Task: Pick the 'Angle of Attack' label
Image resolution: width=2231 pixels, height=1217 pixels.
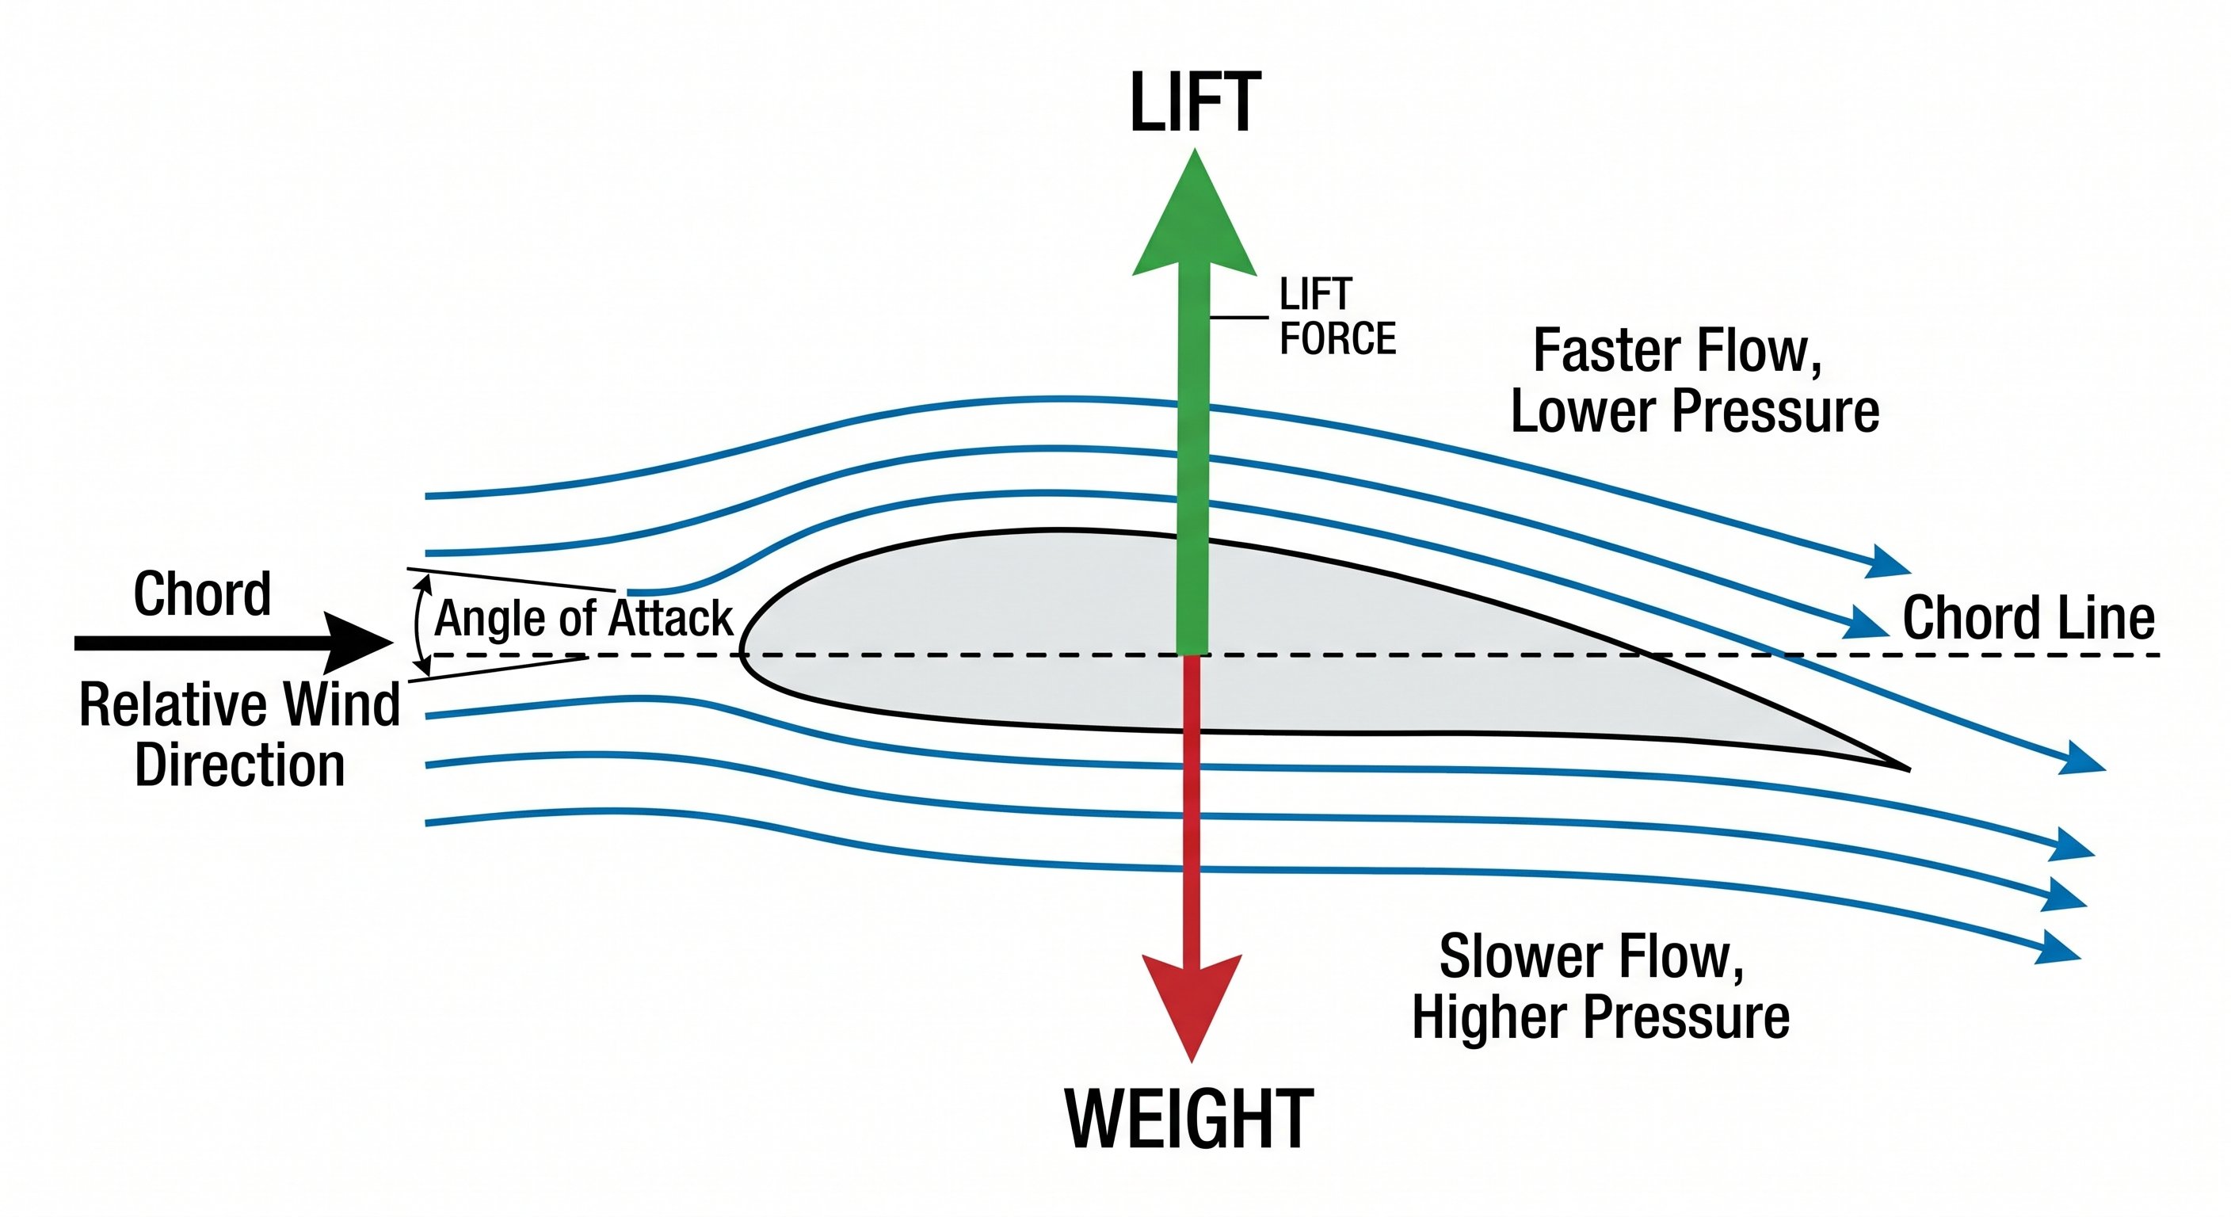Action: pos(584,619)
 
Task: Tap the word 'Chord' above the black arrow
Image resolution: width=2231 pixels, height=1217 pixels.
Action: pos(202,594)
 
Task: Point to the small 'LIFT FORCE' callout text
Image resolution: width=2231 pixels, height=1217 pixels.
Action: pos(1337,317)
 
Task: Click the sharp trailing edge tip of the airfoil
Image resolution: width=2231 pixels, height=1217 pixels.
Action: pos(1905,768)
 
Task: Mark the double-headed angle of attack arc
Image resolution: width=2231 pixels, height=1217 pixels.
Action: pos(420,625)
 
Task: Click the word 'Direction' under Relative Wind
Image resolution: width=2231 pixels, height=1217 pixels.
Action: pos(240,765)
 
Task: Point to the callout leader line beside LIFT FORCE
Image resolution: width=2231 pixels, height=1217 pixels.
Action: pos(1239,318)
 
